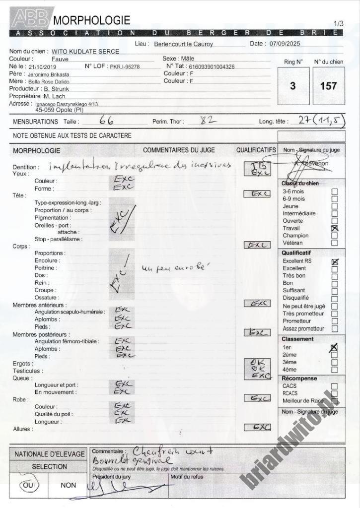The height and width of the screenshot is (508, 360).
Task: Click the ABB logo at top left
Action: click(x=30, y=19)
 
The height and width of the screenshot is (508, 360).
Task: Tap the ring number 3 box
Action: click(x=292, y=86)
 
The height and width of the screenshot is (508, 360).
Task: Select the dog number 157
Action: click(x=328, y=86)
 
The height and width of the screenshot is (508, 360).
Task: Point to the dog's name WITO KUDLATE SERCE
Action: click(x=85, y=52)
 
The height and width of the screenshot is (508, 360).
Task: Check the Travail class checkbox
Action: click(x=334, y=228)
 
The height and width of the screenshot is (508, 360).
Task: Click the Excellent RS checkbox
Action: click(x=334, y=261)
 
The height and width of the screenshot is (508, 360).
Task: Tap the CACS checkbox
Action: click(x=334, y=386)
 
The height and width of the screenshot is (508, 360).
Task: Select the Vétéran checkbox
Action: click(x=334, y=243)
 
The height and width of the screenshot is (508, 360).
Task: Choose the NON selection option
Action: click(x=69, y=485)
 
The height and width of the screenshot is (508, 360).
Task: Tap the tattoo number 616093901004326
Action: click(x=211, y=66)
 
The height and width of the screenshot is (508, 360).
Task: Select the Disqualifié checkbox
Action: click(x=334, y=298)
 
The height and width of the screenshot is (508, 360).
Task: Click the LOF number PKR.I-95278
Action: click(x=125, y=66)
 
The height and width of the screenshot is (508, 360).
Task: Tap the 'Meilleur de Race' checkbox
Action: click(x=334, y=400)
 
